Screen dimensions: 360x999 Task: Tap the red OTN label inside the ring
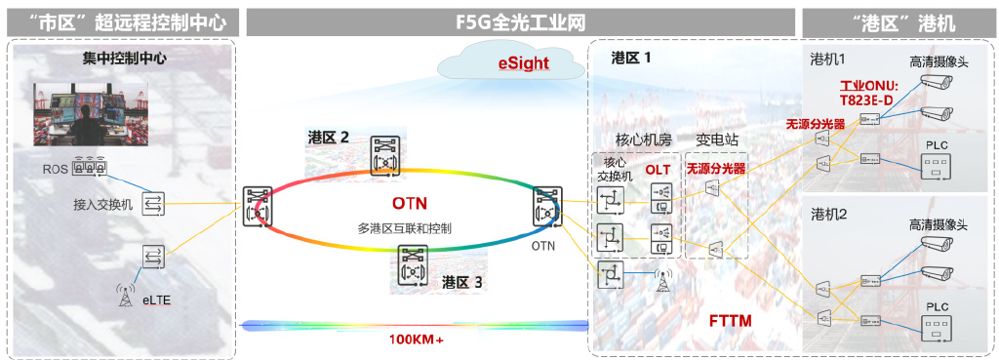tap(410, 204)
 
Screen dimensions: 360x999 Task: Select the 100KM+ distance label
tap(416, 340)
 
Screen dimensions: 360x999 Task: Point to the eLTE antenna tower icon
tap(124, 294)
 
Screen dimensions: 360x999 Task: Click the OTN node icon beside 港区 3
tap(415, 264)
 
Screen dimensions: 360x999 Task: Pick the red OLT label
tap(658, 170)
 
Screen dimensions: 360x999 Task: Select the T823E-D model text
tap(866, 100)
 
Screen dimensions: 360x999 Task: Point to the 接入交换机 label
tap(102, 205)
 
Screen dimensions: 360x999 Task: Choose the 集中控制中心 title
tap(124, 58)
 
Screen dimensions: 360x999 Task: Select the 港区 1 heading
tap(630, 58)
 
